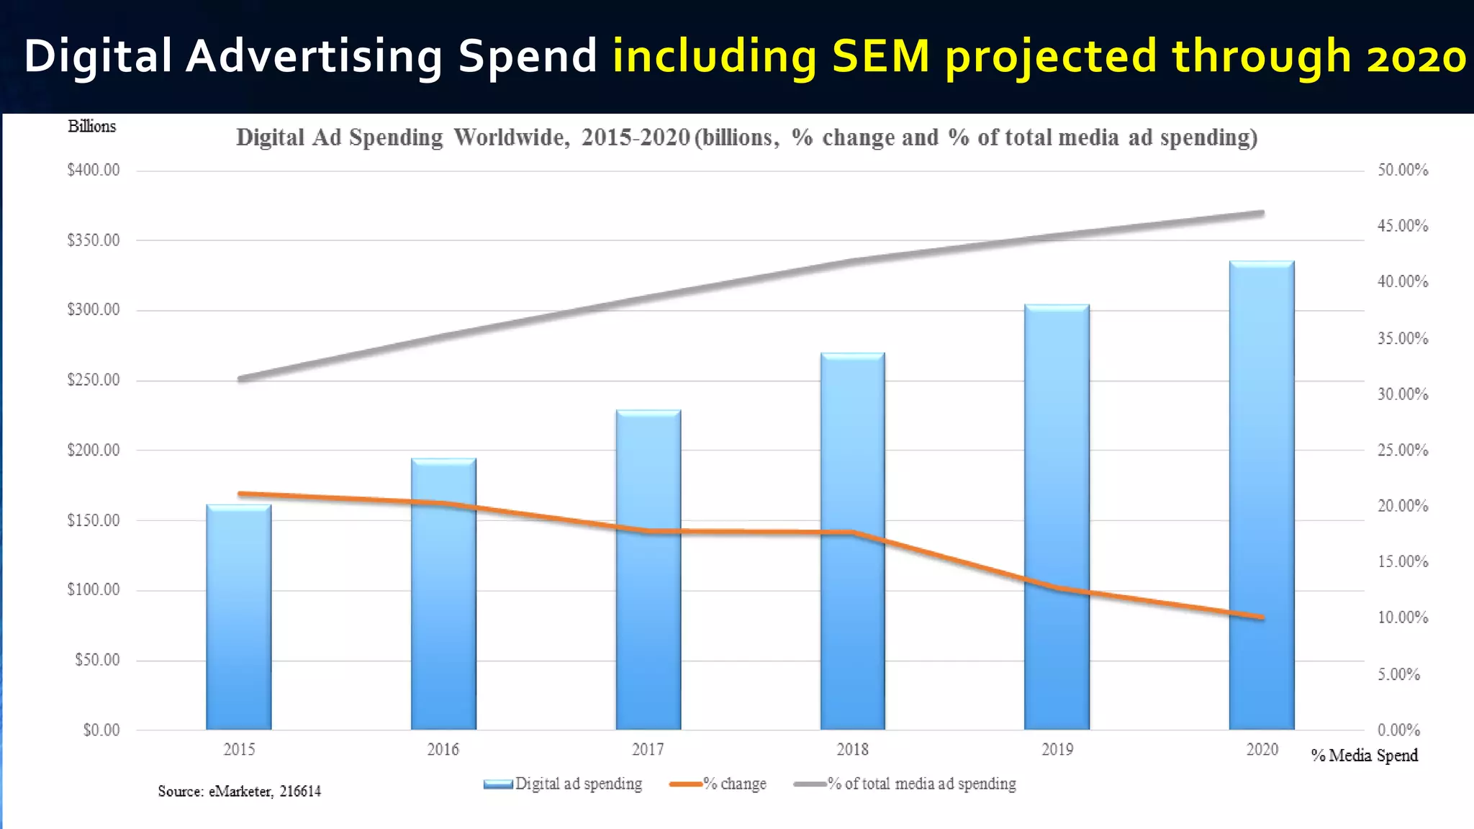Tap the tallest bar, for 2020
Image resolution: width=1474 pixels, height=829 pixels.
(x=1261, y=497)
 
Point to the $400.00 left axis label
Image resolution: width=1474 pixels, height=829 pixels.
(x=94, y=171)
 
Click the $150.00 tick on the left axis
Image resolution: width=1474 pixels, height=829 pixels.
(x=94, y=520)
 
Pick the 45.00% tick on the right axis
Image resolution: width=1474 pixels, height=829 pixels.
(x=1402, y=226)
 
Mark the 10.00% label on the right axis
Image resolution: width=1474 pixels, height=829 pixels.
(x=1402, y=617)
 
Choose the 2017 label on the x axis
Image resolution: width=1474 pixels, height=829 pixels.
(x=648, y=750)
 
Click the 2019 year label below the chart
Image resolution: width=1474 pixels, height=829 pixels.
(x=1057, y=750)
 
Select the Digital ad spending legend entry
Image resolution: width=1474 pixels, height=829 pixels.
(x=564, y=784)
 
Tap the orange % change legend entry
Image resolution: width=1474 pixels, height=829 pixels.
(x=718, y=784)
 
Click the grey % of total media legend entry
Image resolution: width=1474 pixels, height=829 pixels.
(x=905, y=784)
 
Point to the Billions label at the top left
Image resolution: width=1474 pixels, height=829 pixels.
(x=91, y=127)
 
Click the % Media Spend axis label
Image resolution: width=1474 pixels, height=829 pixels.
(x=1364, y=756)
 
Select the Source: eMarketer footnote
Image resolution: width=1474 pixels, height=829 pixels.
(x=239, y=792)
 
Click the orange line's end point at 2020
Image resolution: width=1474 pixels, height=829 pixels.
(x=1261, y=617)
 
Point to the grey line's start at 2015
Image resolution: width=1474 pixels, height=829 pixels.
(x=240, y=379)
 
